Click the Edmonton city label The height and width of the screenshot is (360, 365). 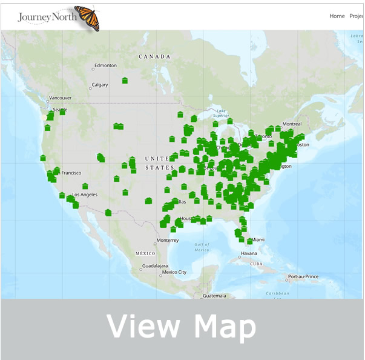click(106, 65)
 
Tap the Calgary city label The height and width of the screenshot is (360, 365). click(100, 85)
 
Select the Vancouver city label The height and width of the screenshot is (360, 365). click(61, 98)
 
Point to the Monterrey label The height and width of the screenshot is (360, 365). click(166, 240)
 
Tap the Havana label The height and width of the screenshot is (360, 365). click(249, 253)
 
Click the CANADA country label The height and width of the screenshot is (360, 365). click(155, 56)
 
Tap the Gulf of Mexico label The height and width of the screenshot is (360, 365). click(202, 247)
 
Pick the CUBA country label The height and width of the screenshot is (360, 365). click(257, 264)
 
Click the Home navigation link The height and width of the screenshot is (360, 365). click(337, 16)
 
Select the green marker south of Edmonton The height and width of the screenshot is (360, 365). click(125, 80)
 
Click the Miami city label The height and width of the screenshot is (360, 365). click(258, 239)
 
